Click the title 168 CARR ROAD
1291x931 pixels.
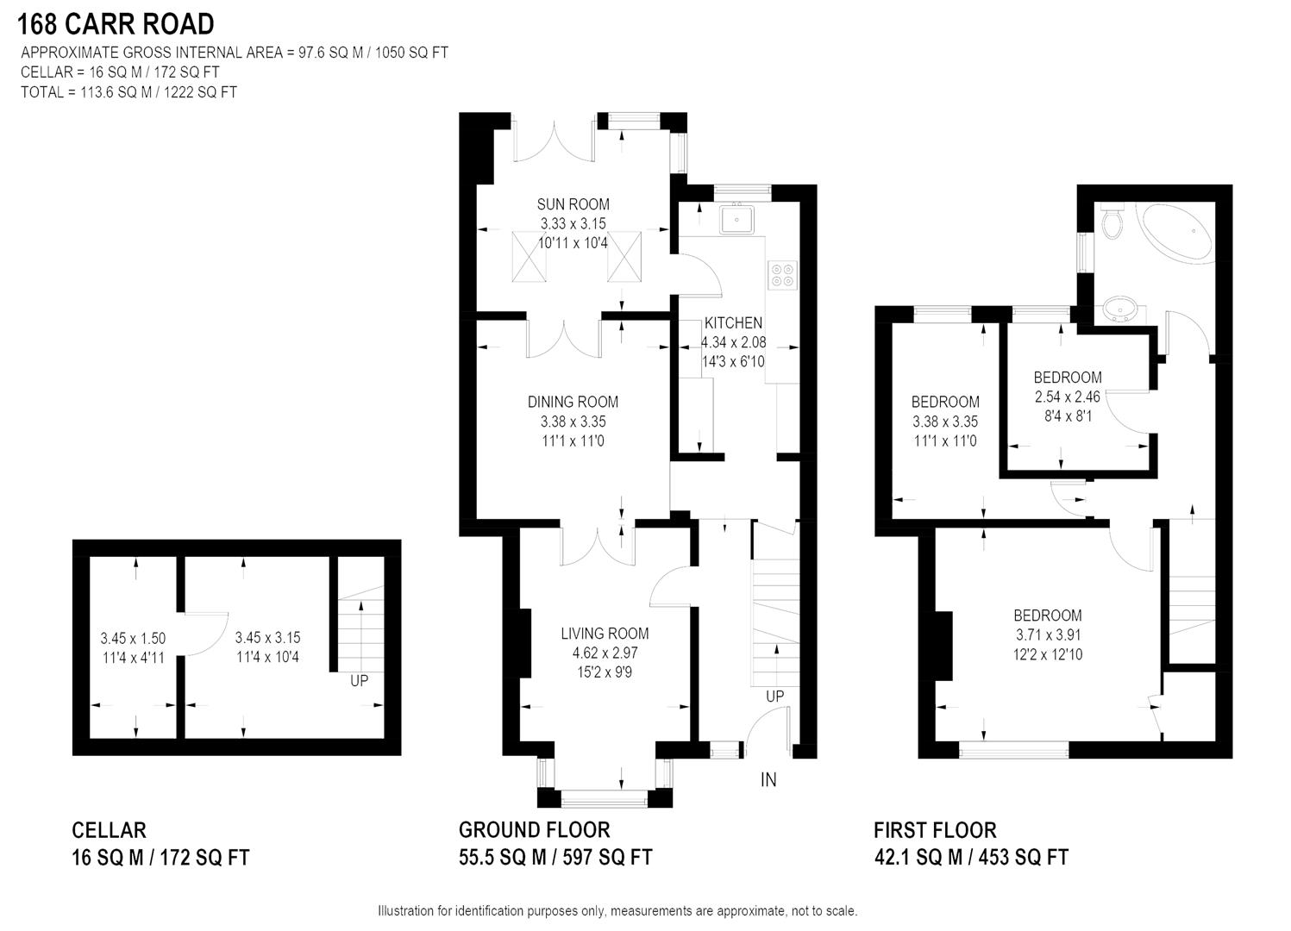[x=116, y=23]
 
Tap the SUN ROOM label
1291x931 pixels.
[x=573, y=204]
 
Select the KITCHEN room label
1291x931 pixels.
[x=733, y=323]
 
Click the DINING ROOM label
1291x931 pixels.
[x=573, y=402]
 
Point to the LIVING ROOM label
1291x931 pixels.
[x=605, y=634]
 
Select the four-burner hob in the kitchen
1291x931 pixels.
[x=783, y=274]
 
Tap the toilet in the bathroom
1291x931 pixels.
[x=1112, y=222]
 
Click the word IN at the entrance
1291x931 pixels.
[x=768, y=780]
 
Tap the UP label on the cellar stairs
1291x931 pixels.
[x=360, y=681]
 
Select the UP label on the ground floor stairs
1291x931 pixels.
[x=774, y=697]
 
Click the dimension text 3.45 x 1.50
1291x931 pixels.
[x=133, y=639]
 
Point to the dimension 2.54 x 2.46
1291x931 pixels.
[x=1068, y=397]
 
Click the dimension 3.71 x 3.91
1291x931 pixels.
[x=1048, y=635]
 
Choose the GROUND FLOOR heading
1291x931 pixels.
[x=534, y=830]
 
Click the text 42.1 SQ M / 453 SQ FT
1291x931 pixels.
[x=971, y=858]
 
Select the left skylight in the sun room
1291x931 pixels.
[x=529, y=256]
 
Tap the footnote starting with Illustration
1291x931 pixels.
[x=617, y=911]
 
